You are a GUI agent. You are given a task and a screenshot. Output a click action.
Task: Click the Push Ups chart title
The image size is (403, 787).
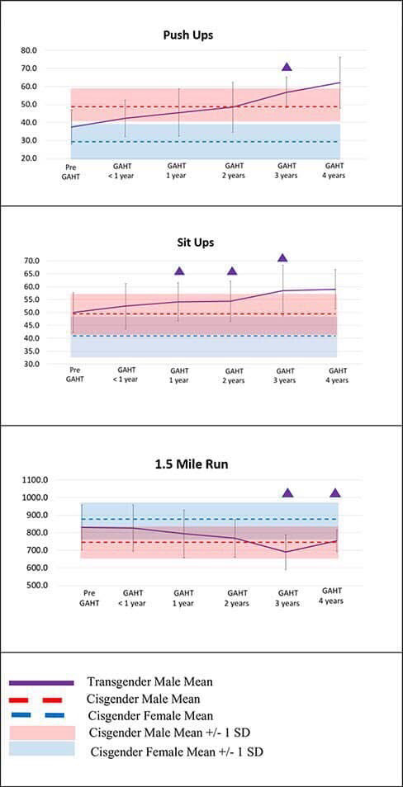pyautogui.click(x=188, y=35)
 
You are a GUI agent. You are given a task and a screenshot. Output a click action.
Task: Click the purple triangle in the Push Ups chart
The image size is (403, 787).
pyautogui.click(x=287, y=66)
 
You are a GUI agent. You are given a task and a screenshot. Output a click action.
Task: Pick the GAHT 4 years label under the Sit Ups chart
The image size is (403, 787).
pyautogui.click(x=338, y=375)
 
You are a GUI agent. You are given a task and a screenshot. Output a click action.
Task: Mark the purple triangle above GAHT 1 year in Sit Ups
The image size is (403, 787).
pyautogui.click(x=179, y=271)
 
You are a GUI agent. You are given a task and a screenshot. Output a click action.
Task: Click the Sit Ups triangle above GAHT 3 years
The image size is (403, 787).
pyautogui.click(x=282, y=258)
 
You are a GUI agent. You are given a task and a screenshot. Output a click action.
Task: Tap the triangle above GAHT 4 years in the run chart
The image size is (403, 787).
pyautogui.click(x=335, y=492)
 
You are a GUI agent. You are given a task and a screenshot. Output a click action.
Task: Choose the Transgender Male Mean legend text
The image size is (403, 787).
pyautogui.click(x=149, y=682)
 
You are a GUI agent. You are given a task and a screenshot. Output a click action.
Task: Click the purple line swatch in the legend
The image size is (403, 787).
pyautogui.click(x=42, y=683)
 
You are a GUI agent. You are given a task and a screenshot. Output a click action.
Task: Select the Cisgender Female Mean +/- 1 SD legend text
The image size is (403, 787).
pyautogui.click(x=178, y=752)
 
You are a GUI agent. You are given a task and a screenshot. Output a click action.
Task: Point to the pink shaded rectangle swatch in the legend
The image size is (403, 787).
pyautogui.click(x=42, y=733)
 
